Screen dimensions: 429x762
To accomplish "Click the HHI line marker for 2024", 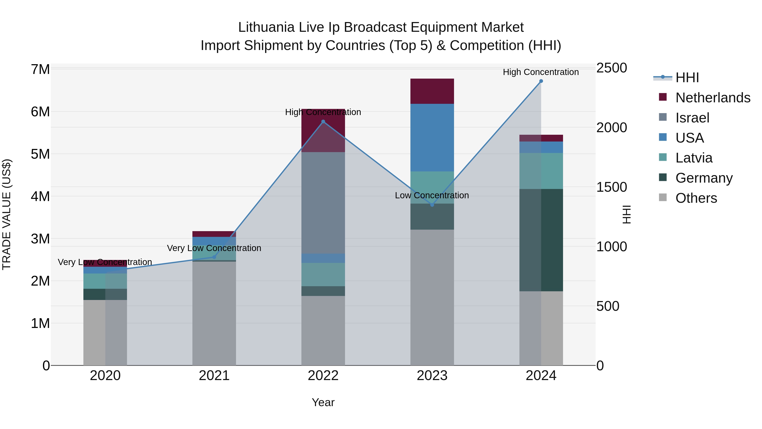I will pos(541,81).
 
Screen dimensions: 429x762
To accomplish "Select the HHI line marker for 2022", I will pos(323,122).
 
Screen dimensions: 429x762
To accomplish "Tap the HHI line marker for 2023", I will pos(432,205).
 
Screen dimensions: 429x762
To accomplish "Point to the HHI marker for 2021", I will pos(214,257).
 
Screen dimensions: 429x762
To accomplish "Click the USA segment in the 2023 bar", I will pos(432,138).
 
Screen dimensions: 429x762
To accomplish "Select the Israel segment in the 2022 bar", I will pos(323,203).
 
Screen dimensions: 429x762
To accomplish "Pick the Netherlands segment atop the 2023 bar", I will pos(432,91).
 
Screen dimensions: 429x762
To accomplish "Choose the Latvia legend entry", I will pos(694,158).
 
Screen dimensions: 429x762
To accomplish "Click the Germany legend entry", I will pos(704,178).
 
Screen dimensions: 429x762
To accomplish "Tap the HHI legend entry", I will pos(687,78).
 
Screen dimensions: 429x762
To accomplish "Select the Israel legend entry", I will pos(692,118).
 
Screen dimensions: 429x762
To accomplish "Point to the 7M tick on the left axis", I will pos(40,69).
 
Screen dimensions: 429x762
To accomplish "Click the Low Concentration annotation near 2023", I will pos(432,195).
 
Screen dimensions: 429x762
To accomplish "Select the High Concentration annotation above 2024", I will pos(541,72).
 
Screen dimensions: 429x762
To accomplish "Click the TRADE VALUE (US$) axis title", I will pos(7,214).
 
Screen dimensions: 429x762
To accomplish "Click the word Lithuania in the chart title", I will pos(266,28).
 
